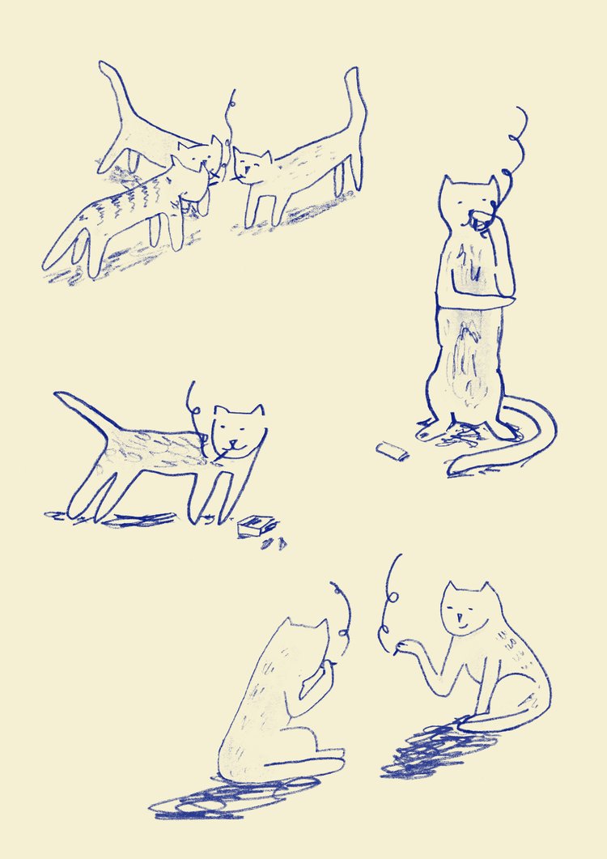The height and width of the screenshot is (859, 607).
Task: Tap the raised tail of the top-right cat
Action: click(354, 113)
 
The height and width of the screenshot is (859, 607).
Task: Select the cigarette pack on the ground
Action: click(257, 527)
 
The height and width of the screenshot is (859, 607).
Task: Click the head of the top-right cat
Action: click(253, 166)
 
